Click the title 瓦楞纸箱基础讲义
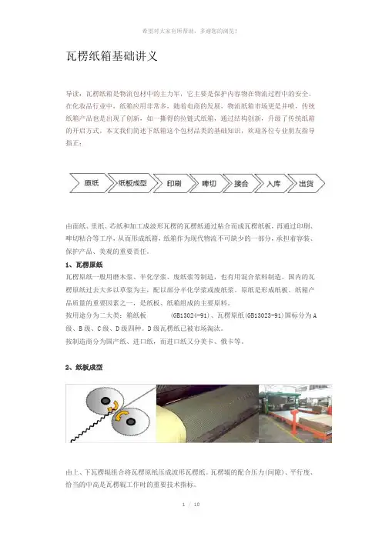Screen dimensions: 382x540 (x=112, y=56)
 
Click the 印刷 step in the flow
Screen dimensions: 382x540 (x=173, y=183)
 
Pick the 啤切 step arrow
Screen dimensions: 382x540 (x=208, y=183)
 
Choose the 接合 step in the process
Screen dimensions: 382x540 (x=241, y=183)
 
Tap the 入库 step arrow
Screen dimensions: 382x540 (x=273, y=183)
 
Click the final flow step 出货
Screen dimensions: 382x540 (x=307, y=183)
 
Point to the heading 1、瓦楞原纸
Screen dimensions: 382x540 (x=84, y=265)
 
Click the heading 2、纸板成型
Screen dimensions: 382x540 (x=84, y=367)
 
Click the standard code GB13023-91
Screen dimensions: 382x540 (x=263, y=315)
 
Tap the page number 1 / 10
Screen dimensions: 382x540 (x=191, y=504)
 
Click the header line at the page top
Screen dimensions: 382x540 (x=190, y=32)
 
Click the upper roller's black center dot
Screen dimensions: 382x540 (x=106, y=401)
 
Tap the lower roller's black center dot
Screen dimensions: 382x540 (x=131, y=422)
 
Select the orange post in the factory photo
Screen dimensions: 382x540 (x=294, y=425)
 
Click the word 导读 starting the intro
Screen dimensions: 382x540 (x=72, y=94)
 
